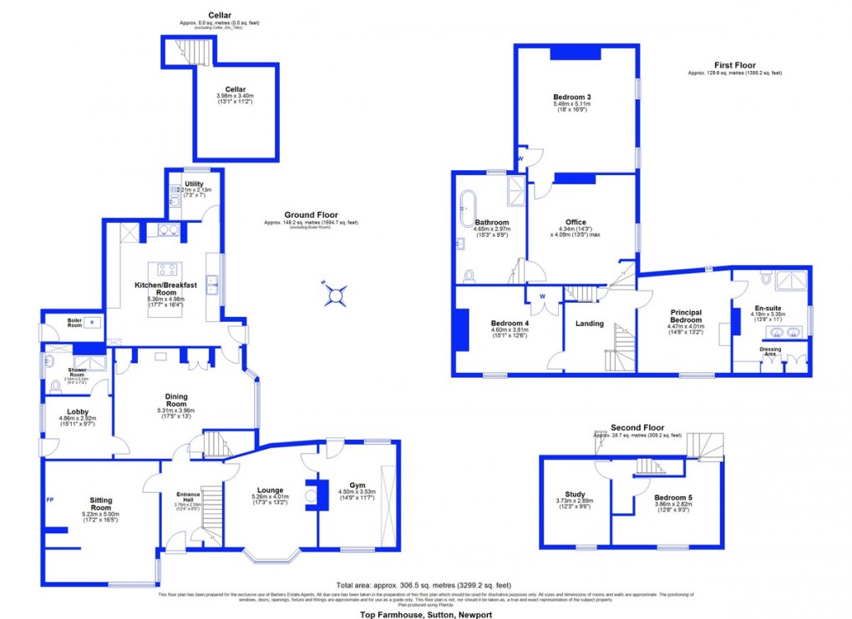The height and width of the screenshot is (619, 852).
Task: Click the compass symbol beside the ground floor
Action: [335, 294]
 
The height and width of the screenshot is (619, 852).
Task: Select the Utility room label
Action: [194, 186]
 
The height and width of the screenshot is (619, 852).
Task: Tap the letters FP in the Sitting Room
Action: [49, 501]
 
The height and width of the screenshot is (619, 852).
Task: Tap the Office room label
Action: [576, 222]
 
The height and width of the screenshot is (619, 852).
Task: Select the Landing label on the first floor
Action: [590, 323]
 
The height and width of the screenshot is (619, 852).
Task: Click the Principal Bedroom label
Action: [686, 318]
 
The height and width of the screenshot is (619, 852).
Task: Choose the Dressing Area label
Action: [770, 351]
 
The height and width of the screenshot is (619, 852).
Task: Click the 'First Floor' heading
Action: [734, 65]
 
